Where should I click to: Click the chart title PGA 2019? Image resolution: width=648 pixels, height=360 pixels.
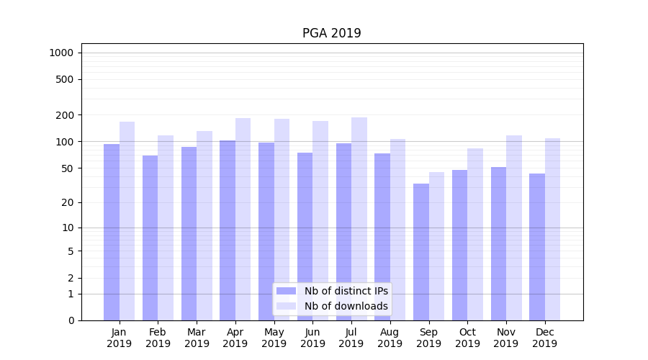click(x=331, y=33)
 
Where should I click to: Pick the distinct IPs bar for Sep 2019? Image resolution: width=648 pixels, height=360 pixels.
click(x=421, y=252)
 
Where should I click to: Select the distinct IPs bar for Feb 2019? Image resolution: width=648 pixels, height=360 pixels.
click(x=150, y=238)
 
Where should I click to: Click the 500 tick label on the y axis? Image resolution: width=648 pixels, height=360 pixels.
click(x=64, y=79)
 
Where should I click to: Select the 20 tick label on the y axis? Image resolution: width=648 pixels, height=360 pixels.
click(x=67, y=202)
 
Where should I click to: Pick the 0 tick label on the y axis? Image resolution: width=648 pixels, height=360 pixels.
click(x=71, y=320)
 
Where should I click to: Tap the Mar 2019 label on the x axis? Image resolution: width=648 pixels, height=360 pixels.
click(x=197, y=338)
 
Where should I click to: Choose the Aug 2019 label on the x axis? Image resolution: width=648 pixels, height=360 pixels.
click(x=390, y=338)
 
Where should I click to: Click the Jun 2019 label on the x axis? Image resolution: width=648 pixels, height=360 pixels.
click(x=312, y=338)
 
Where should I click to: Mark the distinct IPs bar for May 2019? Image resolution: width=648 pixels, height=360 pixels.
click(x=266, y=231)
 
